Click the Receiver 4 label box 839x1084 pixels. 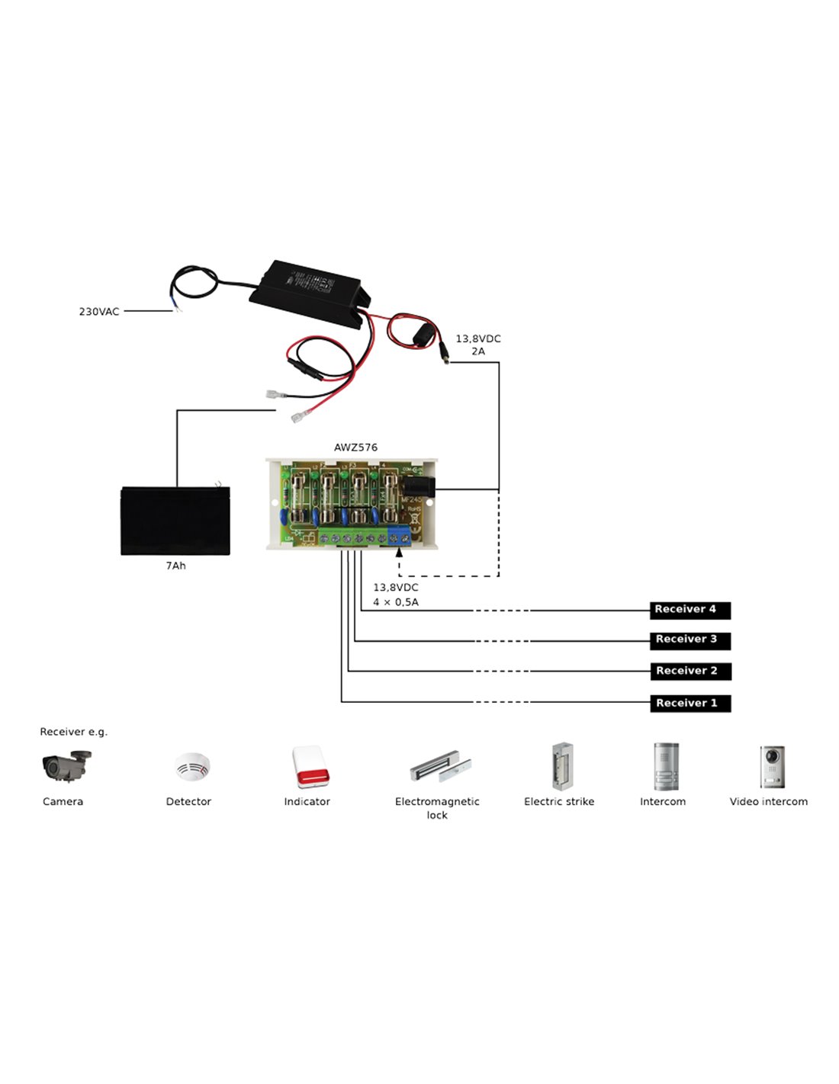tap(690, 610)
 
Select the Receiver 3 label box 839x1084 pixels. tap(690, 640)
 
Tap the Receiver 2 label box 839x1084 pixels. tap(690, 672)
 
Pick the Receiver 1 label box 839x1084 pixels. tap(690, 704)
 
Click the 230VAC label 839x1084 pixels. tap(99, 312)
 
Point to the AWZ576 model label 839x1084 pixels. tap(355, 447)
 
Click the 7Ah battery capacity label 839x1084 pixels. tap(175, 566)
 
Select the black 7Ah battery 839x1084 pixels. tap(175, 521)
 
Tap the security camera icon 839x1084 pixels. tap(66, 766)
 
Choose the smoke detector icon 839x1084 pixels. tap(191, 766)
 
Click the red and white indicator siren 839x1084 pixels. tap(310, 767)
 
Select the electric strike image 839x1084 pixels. tap(563, 766)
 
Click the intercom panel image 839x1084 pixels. tap(665, 766)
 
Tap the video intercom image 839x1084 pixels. tap(772, 766)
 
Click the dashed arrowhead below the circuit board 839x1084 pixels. tap(399, 553)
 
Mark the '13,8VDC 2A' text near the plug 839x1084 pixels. tap(478, 345)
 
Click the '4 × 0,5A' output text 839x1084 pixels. tap(395, 602)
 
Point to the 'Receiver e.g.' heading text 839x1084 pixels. tap(74, 732)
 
